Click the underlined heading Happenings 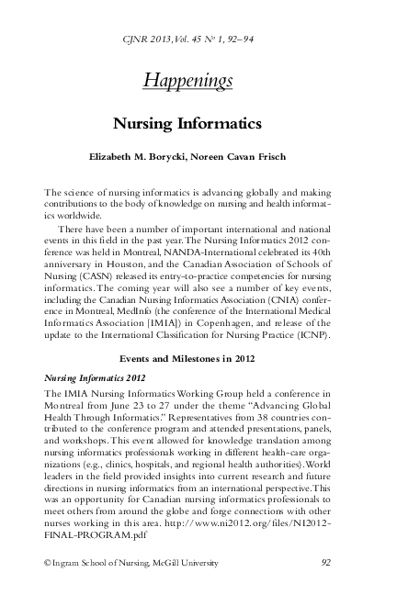coord(187,82)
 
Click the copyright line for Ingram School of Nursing coord(131,562)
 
